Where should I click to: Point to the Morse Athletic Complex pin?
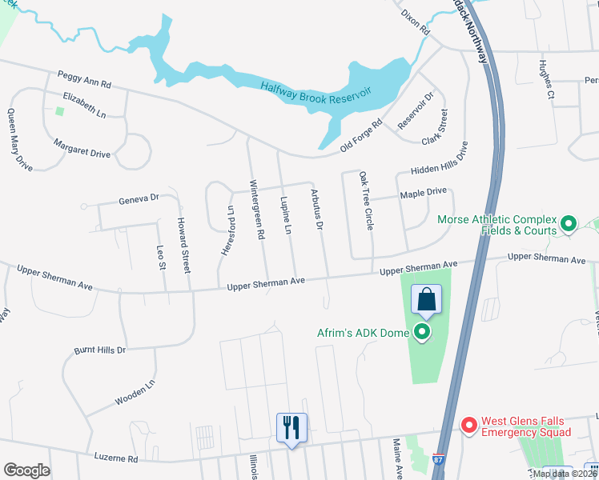coord(569,223)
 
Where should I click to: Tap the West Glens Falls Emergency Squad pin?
coord(468,425)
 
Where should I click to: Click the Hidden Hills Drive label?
coord(439,159)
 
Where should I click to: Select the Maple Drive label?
coord(423,193)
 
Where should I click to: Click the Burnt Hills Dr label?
coord(100,350)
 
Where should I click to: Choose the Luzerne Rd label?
coord(111,459)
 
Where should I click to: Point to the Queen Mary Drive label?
coord(20,140)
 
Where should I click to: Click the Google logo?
coord(26,470)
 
